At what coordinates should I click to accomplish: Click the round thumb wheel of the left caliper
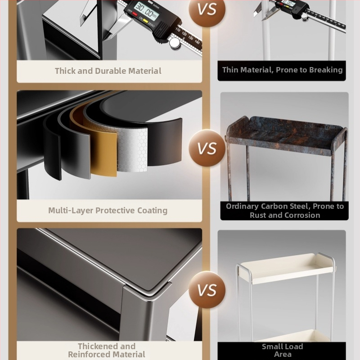pos(175,43)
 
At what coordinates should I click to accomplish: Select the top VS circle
pos(207,9)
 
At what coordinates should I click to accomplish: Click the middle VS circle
pos(207,148)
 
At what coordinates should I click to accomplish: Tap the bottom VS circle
pos(207,290)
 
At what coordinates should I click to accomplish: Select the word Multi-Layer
pos(71,211)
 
